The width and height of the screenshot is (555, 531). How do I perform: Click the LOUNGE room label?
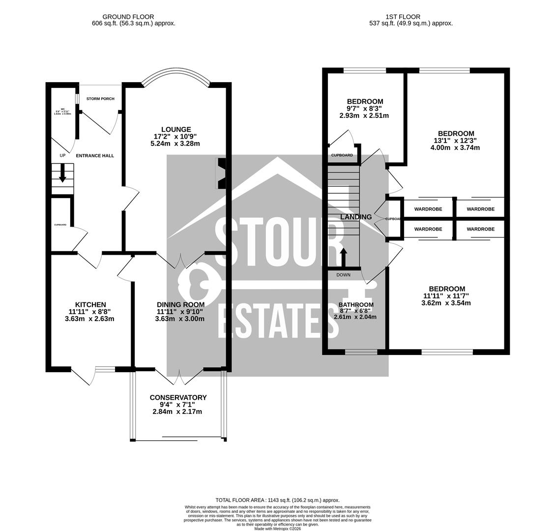[175, 129]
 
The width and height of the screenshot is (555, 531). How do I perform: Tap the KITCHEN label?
[90, 304]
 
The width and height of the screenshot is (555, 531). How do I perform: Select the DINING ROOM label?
[180, 304]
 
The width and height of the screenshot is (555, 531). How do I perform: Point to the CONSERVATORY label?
[178, 397]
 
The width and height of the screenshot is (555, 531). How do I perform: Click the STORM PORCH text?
[100, 99]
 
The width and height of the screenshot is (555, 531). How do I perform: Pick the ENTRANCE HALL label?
[95, 155]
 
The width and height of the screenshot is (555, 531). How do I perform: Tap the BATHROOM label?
[356, 305]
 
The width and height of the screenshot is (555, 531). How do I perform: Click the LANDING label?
[356, 217]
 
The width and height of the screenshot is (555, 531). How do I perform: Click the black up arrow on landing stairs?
[343, 257]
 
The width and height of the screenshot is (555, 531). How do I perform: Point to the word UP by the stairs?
[62, 156]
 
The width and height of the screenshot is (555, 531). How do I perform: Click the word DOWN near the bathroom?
[343, 275]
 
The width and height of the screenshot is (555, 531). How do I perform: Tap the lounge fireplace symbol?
[221, 174]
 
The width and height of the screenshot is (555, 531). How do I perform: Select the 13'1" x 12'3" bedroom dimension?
[456, 141]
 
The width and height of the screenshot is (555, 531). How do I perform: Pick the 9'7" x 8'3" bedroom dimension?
[364, 109]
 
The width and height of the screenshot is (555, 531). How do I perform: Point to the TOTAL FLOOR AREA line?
[277, 500]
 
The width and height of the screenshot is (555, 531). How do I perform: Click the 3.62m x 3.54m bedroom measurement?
[446, 303]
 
